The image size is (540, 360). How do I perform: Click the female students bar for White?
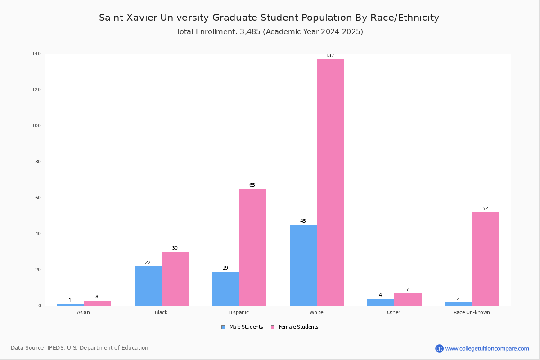[330, 183]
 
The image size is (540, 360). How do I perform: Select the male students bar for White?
[303, 265]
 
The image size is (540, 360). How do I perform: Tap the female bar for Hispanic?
[252, 247]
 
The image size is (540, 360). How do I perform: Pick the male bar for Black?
[148, 286]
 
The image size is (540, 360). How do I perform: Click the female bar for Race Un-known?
[486, 259]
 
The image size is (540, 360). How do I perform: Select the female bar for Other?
[408, 300]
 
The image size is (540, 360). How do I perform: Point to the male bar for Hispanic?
[225, 289]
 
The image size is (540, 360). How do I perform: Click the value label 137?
[330, 56]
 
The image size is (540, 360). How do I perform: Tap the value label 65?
[252, 185]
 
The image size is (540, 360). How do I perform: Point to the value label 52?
[485, 209]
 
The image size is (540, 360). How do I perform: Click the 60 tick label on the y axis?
[37, 198]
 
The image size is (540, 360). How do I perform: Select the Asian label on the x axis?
[83, 312]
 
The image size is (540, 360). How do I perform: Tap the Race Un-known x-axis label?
[472, 312]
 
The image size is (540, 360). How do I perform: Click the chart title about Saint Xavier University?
[269, 18]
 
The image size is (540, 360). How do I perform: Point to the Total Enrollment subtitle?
[270, 32]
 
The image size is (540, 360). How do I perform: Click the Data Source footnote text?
[80, 348]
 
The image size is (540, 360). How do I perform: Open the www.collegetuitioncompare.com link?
[487, 348]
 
